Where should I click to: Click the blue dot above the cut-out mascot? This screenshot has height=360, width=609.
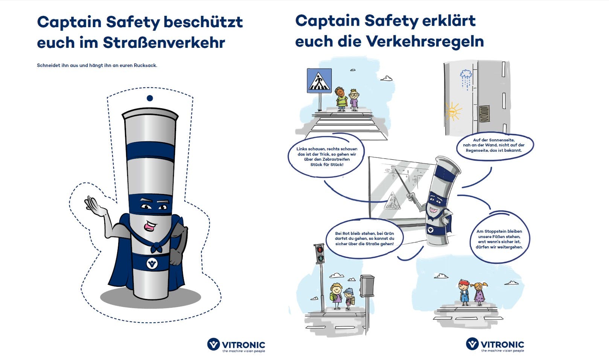[150, 98]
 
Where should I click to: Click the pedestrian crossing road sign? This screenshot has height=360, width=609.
[319, 81]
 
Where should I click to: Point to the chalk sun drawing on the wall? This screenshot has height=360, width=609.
[453, 111]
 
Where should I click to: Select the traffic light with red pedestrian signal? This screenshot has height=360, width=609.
[320, 254]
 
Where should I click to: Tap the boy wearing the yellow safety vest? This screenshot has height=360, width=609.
[341, 99]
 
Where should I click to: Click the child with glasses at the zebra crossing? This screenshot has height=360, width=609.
[354, 100]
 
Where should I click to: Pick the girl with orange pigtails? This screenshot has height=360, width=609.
[480, 294]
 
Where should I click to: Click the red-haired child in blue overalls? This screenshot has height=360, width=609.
[464, 292]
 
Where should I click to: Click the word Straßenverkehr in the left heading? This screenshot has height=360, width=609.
[164, 43]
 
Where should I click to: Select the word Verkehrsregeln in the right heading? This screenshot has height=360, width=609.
[425, 41]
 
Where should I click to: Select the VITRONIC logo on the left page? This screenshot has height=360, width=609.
[236, 345]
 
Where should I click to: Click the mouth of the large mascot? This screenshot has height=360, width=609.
[150, 226]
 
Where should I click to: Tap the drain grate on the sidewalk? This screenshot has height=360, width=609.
[484, 114]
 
